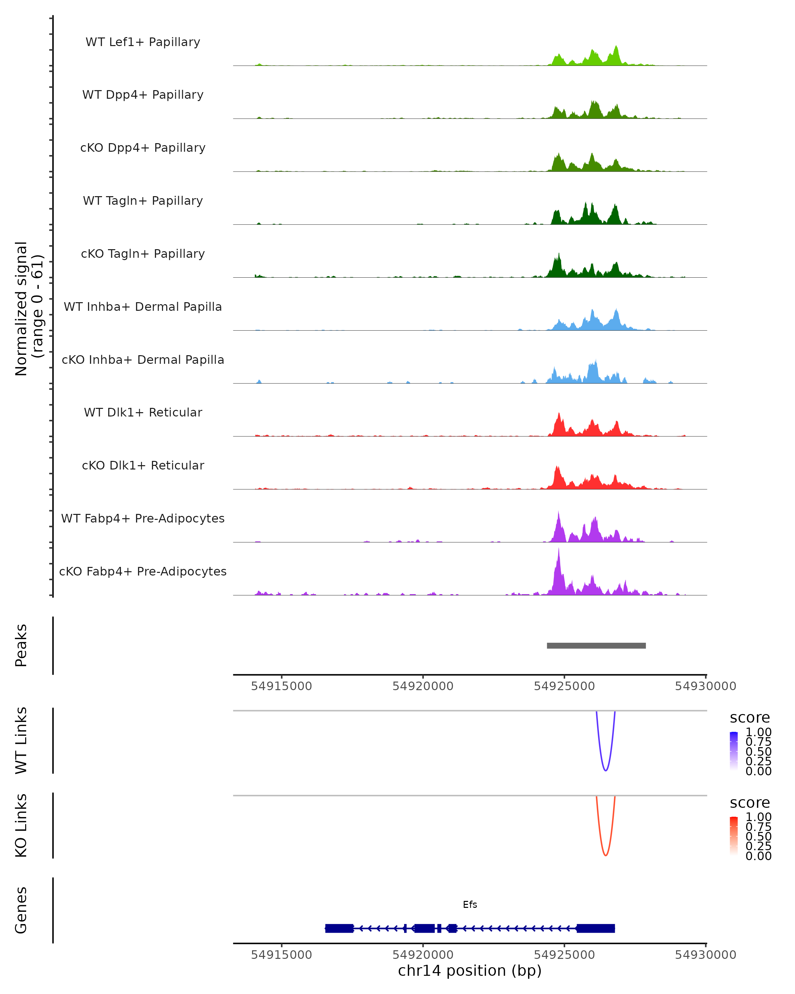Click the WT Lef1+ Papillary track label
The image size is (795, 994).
point(143,42)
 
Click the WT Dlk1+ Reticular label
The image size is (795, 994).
point(143,412)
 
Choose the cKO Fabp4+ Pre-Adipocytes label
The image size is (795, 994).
point(143,571)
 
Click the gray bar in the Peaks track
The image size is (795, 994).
point(596,645)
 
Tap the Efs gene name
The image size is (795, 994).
point(470,904)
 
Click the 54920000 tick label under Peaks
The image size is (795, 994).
point(423,686)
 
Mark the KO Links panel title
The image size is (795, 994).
point(21,825)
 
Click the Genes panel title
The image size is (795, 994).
point(21,910)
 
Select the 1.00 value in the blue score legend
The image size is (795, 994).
point(758,732)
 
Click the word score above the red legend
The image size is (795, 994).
point(749,803)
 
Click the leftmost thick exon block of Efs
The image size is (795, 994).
point(339,928)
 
